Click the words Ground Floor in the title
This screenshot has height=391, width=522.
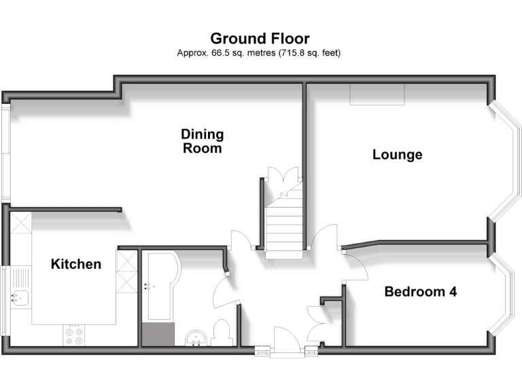(260, 38)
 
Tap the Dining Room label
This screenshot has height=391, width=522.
(203, 141)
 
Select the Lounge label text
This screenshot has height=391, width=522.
(398, 155)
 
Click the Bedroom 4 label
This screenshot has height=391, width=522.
(420, 292)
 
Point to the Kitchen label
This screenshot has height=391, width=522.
(76, 264)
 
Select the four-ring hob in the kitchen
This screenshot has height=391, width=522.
(73, 335)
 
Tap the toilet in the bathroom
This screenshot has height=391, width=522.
(220, 333)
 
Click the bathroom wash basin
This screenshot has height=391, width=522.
(195, 337)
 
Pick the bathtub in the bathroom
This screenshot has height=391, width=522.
(159, 285)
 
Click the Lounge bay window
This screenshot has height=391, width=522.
(505, 163)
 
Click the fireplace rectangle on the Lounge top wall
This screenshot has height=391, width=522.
(378, 95)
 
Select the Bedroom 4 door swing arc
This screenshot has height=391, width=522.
(357, 268)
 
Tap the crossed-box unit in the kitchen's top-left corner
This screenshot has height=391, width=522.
(21, 222)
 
